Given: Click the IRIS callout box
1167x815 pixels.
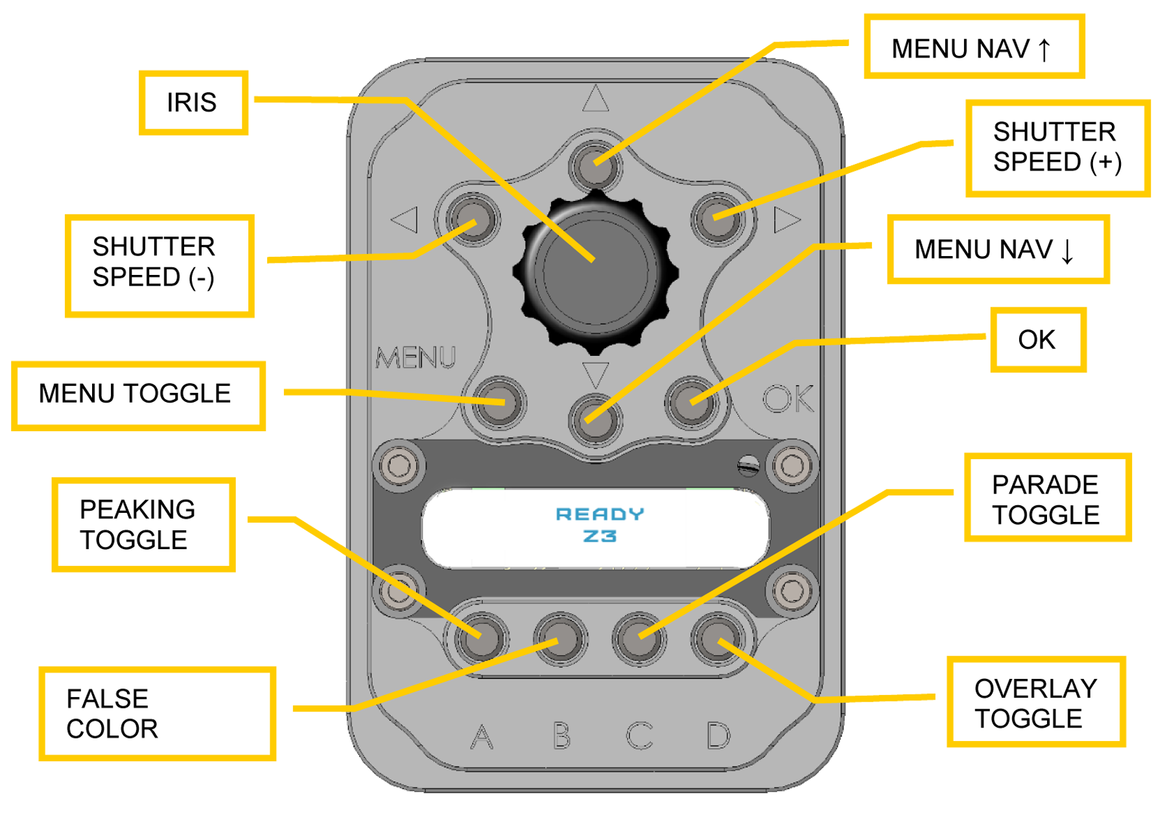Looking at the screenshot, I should click(193, 102).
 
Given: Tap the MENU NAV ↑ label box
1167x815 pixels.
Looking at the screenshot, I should click(973, 47).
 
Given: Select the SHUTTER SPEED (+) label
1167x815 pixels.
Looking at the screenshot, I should click(1057, 148).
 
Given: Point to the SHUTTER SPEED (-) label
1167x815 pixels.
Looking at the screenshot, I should click(158, 265).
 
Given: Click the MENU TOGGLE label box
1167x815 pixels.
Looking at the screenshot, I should click(137, 394).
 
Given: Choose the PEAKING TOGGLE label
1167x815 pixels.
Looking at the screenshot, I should click(143, 525).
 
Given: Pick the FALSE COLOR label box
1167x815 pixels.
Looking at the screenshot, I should click(156, 713).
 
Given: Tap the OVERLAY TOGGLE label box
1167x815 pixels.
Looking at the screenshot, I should click(1035, 703).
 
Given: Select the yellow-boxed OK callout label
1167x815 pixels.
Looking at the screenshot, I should click(1037, 340).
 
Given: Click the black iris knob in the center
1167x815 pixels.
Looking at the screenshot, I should click(595, 272).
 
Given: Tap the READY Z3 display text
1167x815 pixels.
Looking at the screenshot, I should click(599, 525).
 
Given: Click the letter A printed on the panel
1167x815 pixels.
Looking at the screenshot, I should click(481, 737).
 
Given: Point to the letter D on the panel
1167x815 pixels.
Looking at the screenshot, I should click(718, 735).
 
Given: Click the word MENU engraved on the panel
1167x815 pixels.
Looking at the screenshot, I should click(416, 357).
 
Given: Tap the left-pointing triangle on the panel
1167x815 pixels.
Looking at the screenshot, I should click(405, 220).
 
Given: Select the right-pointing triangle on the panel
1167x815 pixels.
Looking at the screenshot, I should click(785, 220).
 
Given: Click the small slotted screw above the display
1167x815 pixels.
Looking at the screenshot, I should click(748, 465).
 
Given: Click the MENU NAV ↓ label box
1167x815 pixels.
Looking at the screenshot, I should click(997, 250).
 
